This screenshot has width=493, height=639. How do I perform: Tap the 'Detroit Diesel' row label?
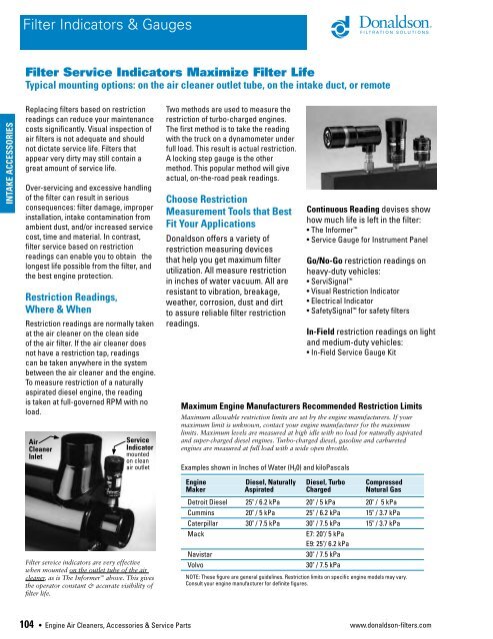(x=212, y=502)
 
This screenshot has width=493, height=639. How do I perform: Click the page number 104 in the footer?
(x=17, y=625)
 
